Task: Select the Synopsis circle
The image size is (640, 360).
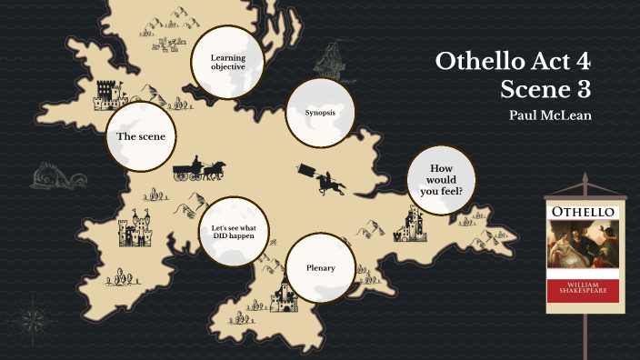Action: coord(320,113)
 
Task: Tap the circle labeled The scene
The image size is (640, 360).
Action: coord(140,136)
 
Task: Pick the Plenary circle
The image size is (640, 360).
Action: coord(319,268)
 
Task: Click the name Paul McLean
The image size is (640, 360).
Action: coord(552,115)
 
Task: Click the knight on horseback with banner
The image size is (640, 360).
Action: coord(326,179)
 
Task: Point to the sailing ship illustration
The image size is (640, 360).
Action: coord(328,61)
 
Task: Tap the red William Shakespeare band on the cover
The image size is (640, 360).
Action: coord(582,290)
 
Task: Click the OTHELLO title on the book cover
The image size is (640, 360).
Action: coord(582,213)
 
